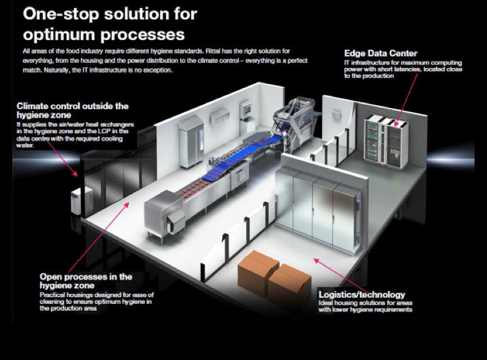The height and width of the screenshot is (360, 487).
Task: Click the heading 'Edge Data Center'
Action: (381, 53)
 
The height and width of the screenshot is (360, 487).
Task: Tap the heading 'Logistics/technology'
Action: (361, 295)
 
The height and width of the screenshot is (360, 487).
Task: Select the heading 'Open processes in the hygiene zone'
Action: (86, 281)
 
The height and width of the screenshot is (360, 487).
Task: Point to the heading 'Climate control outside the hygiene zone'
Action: (73, 110)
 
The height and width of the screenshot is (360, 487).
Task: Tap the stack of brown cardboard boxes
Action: (269, 270)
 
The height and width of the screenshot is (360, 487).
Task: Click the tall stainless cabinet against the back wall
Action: (187, 141)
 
